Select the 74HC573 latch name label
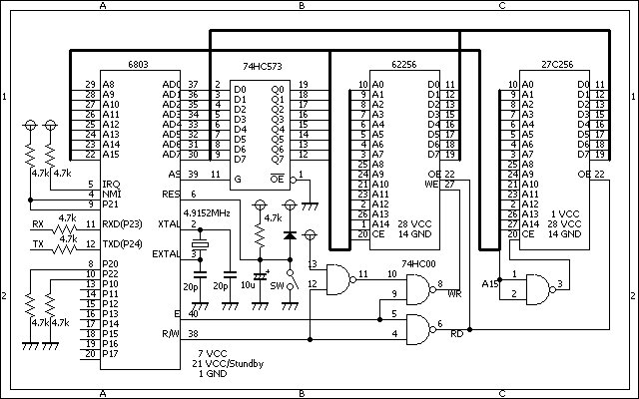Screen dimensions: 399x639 tap(263, 66)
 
